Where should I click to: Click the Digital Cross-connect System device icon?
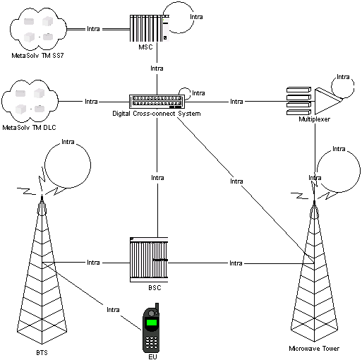click(157, 102)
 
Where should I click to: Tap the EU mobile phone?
click(151, 328)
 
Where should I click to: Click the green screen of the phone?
click(151, 323)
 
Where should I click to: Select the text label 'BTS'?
click(42, 351)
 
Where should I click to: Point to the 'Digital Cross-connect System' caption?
click(157, 114)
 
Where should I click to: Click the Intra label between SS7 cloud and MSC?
click(92, 29)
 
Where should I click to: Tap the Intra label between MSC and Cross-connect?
click(157, 68)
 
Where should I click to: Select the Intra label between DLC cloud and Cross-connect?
click(91, 102)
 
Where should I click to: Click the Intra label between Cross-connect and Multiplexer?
click(237, 102)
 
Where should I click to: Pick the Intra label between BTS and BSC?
click(93, 263)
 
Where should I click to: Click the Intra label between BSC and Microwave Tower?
click(237, 263)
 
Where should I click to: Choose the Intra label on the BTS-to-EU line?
click(112, 309)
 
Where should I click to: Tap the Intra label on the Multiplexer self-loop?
click(343, 77)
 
